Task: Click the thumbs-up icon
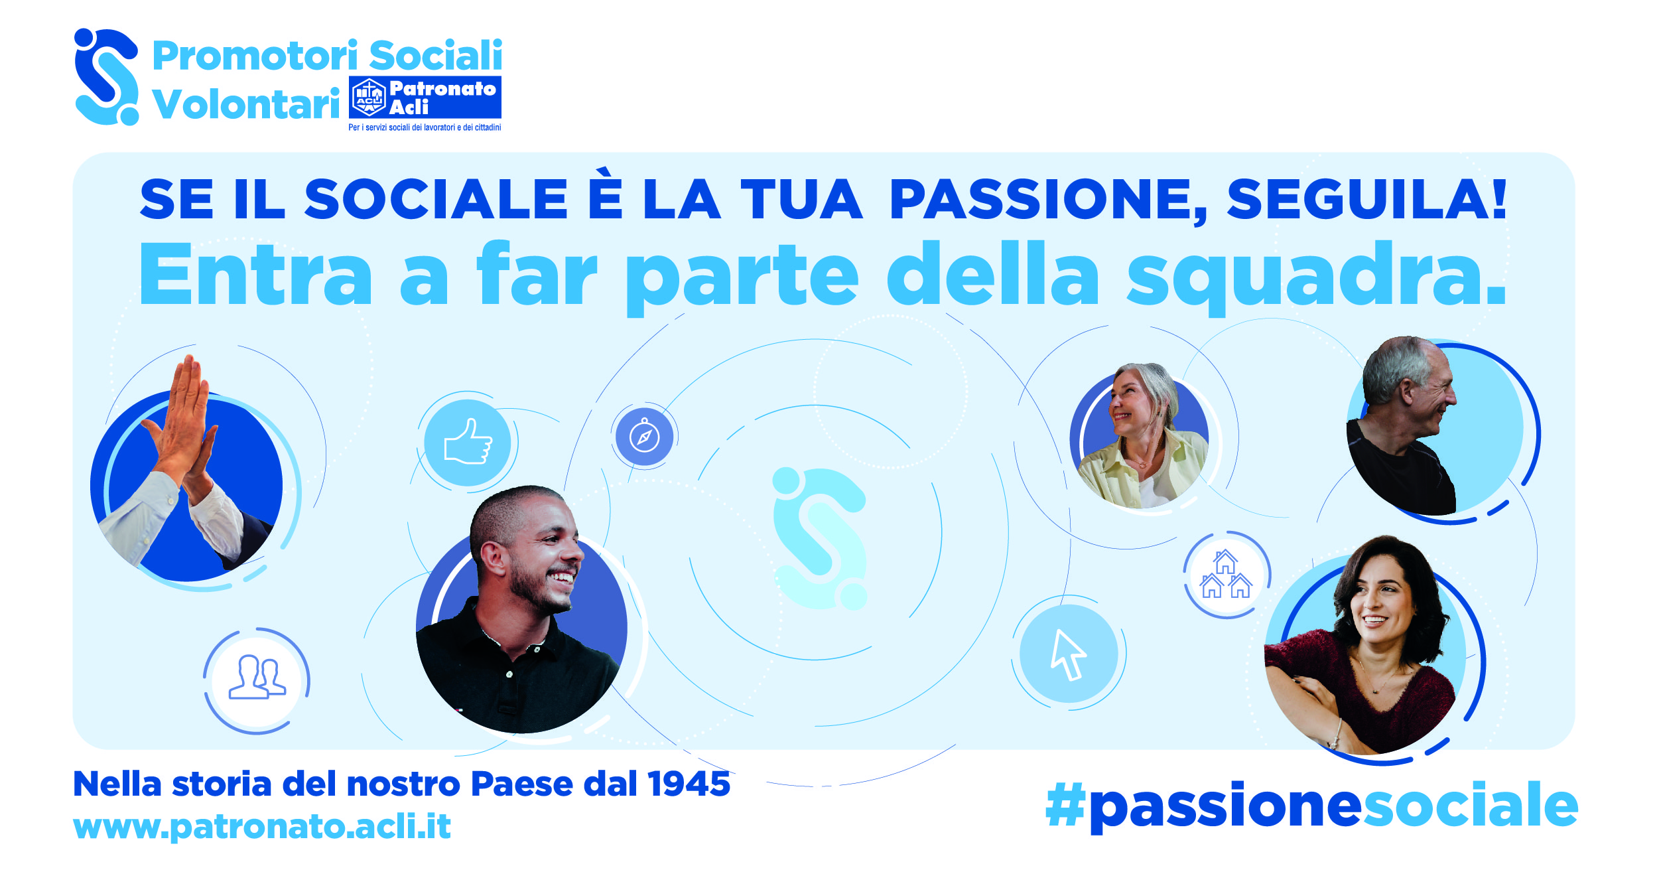point(468,441)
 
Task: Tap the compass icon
point(644,437)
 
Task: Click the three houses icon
point(1226,575)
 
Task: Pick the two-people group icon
point(257,677)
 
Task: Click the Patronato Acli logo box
point(425,98)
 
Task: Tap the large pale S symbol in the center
point(820,538)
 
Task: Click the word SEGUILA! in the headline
point(1367,199)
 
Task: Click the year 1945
point(689,784)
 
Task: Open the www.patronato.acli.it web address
point(262,827)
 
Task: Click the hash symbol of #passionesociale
point(1065,805)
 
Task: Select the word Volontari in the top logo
point(246,104)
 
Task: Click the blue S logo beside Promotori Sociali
point(107,76)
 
